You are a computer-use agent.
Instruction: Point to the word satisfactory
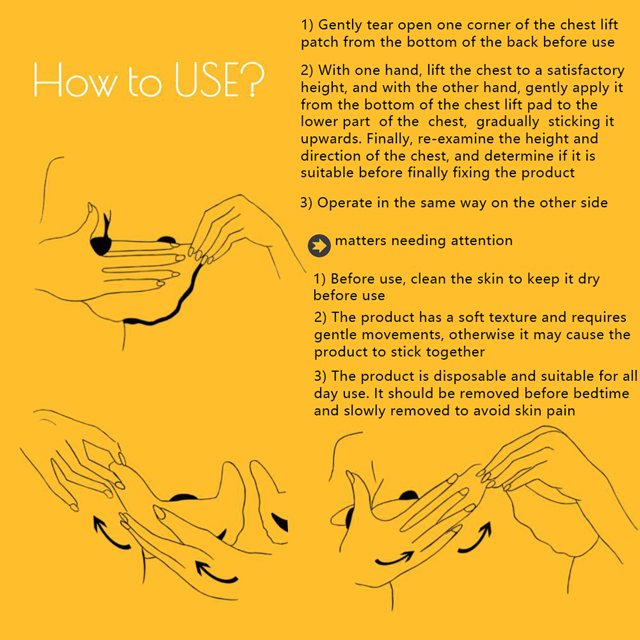coord(586,70)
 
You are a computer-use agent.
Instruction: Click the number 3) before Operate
coord(306,203)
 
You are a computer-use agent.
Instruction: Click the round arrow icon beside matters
coord(319,245)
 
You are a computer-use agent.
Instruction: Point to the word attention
coord(482,241)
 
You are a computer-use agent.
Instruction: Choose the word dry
coord(589,279)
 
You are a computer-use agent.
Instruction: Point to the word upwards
coord(331,139)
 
